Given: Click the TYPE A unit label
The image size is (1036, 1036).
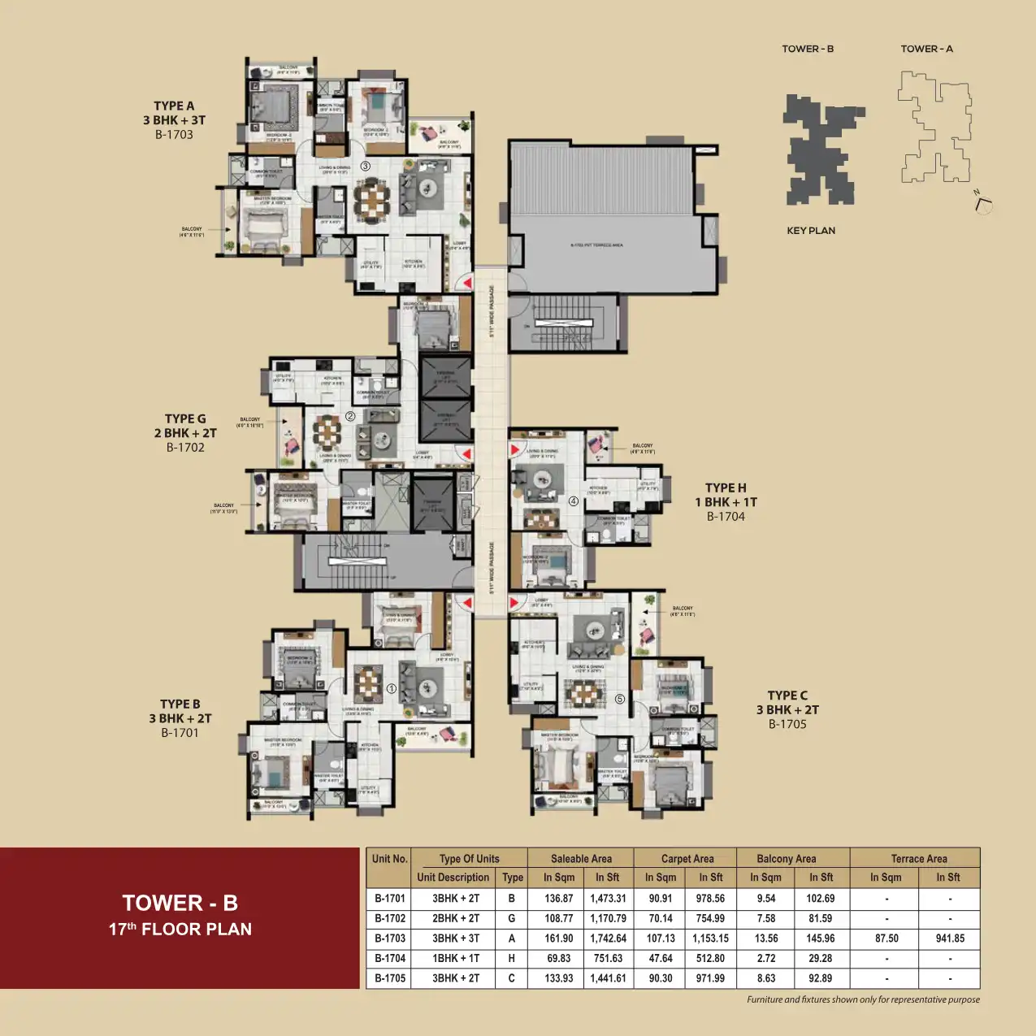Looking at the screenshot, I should coord(174,106).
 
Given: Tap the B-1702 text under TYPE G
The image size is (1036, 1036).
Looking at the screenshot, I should coord(185,448).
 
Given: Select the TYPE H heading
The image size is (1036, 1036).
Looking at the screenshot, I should coord(725,488).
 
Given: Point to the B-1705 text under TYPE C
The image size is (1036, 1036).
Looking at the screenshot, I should coord(787,724).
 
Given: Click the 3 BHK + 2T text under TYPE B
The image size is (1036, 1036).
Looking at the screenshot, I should coord(180,718).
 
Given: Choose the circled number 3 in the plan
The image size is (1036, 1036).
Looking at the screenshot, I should coord(366,167).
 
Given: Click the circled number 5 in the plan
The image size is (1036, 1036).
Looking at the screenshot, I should coord(619,699).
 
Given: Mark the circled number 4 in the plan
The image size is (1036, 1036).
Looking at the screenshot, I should coord(573,501).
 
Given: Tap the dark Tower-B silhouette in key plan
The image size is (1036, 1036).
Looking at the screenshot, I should coord(821,151).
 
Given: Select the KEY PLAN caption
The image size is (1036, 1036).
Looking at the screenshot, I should coord(810,231).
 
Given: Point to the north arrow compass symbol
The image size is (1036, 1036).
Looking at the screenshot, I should coord(982,202).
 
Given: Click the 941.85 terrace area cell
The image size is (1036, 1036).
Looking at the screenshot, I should coord(949,938).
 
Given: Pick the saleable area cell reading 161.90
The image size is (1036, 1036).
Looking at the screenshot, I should coord(558,938).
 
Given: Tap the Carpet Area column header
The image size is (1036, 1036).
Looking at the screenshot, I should coord(687,859).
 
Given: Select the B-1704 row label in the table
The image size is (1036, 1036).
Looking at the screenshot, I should coord(389,959).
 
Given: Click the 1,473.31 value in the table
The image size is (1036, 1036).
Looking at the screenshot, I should coord(608,899).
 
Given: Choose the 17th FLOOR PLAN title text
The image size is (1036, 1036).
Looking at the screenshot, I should coord(180,930).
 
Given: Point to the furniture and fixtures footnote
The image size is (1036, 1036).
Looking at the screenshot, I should coord(863,1000).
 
